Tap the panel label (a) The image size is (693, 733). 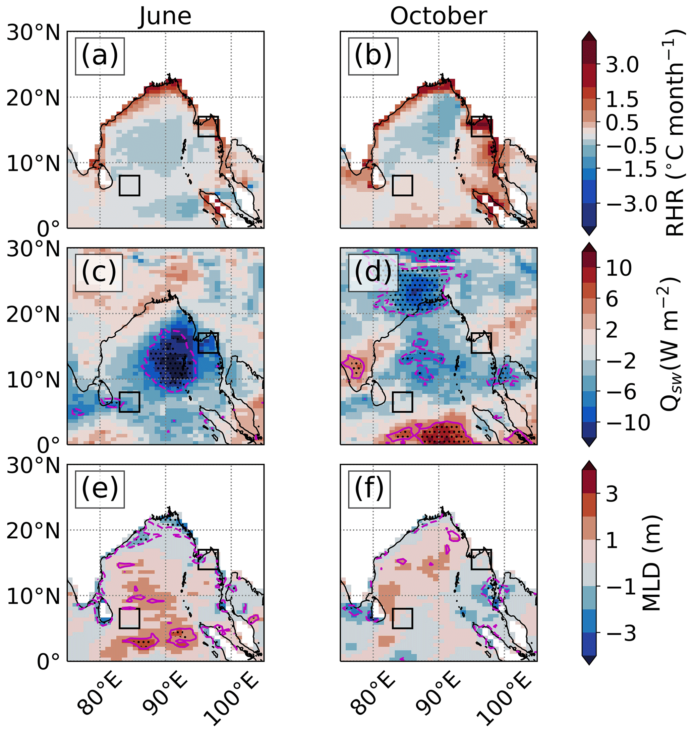(x=100, y=56)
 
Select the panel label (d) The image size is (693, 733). (x=373, y=272)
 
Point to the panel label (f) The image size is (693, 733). (x=369, y=489)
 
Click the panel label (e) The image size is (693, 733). (x=100, y=489)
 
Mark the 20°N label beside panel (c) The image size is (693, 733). (x=33, y=315)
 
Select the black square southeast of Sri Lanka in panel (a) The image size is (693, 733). (x=129, y=185)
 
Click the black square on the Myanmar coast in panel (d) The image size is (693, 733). (x=481, y=343)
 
